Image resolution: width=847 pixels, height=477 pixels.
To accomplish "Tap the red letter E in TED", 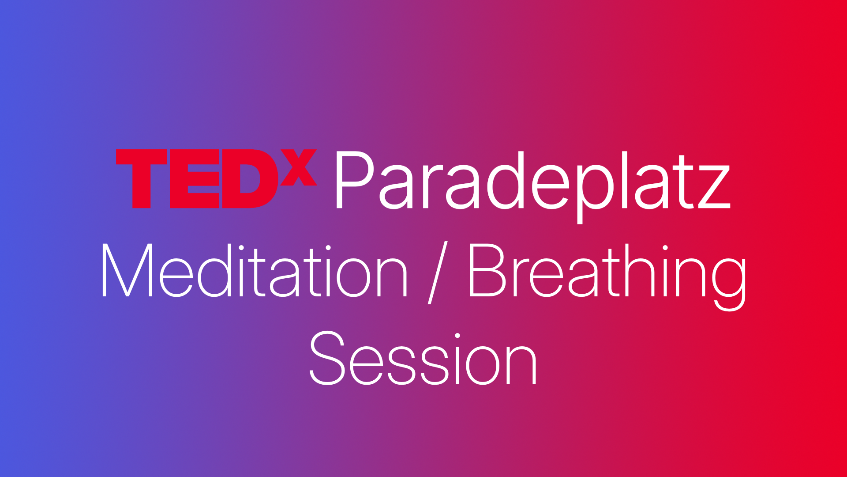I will pos(194,179).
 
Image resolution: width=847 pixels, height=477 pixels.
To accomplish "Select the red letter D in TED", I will pos(250,179).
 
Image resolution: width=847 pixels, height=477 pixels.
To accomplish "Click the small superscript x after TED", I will pos(299,168).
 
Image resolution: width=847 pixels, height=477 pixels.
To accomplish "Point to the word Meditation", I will pos(254,270).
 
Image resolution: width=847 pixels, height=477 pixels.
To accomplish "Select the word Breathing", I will pos(607,272).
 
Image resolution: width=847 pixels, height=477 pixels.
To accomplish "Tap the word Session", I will pos(423,359).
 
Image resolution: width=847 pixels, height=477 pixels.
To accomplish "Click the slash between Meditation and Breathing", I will pos(438,273).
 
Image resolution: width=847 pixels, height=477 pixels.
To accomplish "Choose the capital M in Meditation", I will pos(127,270).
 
